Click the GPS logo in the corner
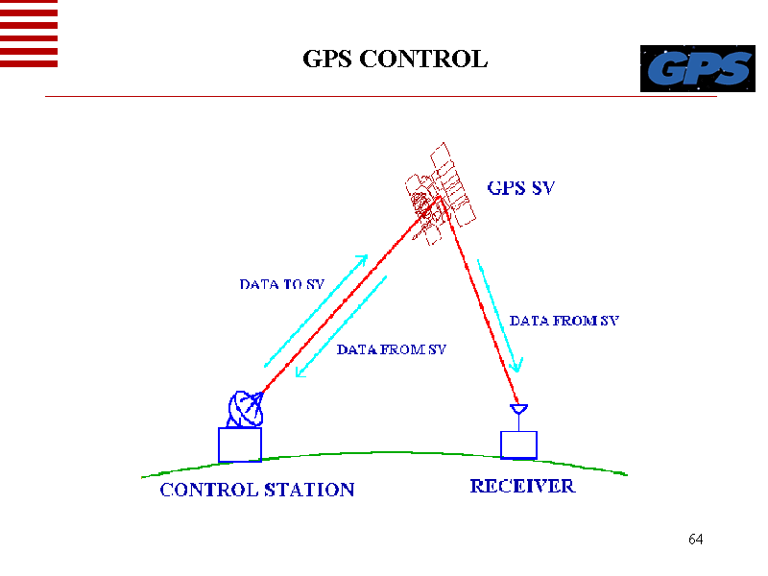[x=696, y=68]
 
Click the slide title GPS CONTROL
[x=396, y=60]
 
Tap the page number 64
[x=696, y=539]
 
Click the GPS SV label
[x=521, y=188]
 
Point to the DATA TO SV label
[x=282, y=284]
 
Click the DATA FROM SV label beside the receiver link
[x=564, y=321]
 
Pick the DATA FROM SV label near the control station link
[x=392, y=349]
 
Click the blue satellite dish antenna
[x=245, y=409]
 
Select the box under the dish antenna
[x=240, y=444]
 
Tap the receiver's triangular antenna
[x=518, y=411]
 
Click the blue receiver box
[x=518, y=444]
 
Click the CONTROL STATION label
[x=257, y=490]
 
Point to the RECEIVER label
[x=522, y=486]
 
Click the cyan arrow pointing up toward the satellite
[x=316, y=310]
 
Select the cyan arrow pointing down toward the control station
[x=342, y=326]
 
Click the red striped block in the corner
[x=29, y=34]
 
